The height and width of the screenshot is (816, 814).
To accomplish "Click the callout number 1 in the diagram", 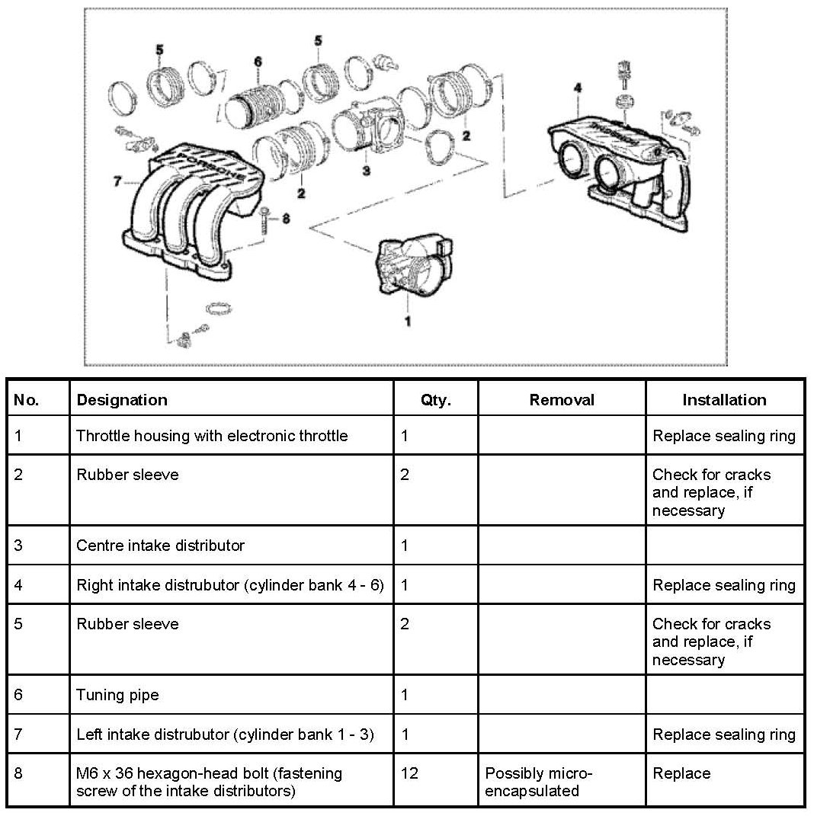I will click(x=407, y=322).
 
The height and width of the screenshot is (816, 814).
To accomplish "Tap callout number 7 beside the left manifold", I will click(x=117, y=181).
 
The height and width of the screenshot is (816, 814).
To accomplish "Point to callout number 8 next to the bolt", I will click(x=286, y=219).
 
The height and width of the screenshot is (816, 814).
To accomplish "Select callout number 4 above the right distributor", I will click(x=577, y=88).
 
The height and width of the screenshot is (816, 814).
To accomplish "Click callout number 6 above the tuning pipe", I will click(x=258, y=62).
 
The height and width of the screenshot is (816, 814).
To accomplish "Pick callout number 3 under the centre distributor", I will click(x=366, y=171).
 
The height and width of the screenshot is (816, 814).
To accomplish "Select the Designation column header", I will click(x=122, y=400).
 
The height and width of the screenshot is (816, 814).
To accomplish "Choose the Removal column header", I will click(x=562, y=400).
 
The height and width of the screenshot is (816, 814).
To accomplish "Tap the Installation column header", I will click(x=724, y=400).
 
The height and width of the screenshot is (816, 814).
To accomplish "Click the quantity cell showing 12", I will click(x=409, y=773).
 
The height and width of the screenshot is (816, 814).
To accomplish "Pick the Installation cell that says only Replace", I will click(x=681, y=773).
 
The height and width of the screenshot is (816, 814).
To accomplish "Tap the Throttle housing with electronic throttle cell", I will click(x=212, y=436).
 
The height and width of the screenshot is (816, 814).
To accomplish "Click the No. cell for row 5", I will click(x=20, y=624).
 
